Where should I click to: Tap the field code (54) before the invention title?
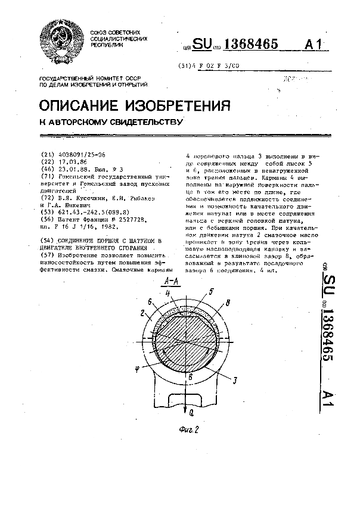pos(45,240)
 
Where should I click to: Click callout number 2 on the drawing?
pos(143,311)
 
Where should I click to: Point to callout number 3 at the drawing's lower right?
pos(237,379)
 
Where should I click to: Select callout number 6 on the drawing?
pos(150,302)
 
